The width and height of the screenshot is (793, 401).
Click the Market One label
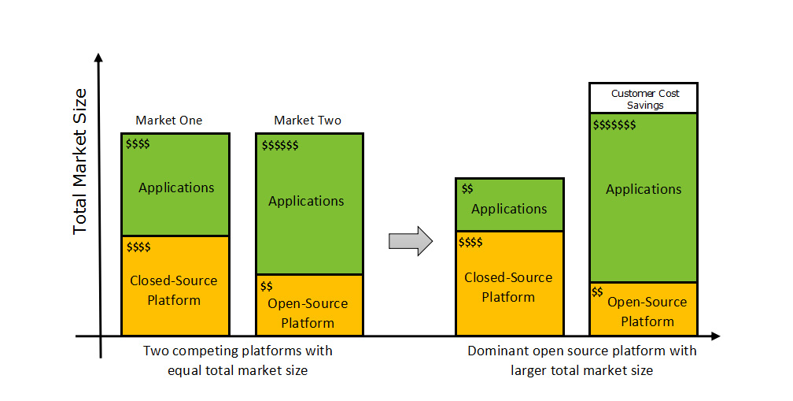[168, 121]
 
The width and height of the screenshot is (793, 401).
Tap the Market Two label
[308, 121]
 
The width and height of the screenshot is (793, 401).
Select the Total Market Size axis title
[80, 161]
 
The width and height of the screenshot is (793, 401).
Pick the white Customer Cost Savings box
[644, 98]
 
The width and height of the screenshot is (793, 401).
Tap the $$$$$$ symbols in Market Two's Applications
[280, 146]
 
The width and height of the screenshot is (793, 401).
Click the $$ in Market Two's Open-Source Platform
[267, 286]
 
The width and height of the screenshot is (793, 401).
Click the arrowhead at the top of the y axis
[98, 58]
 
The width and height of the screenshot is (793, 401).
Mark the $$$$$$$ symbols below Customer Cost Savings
[614, 124]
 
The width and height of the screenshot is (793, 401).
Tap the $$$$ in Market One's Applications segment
[138, 143]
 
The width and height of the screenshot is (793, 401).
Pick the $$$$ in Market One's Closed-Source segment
[138, 247]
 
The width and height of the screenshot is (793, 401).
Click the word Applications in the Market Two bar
[306, 201]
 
